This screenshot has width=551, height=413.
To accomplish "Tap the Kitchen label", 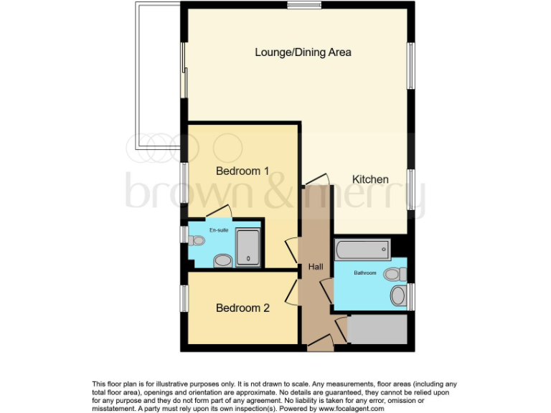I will (x=370, y=179).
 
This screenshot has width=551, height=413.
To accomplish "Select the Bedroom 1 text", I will (x=242, y=171).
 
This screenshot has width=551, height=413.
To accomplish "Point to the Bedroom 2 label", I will (x=242, y=308).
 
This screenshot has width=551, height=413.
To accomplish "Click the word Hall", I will (x=316, y=267).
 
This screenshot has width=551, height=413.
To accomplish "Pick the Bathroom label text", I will (x=364, y=272).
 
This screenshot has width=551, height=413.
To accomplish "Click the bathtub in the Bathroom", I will (x=362, y=250).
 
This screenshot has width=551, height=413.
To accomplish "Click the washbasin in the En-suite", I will (x=223, y=260).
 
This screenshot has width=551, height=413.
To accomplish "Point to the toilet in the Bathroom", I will (x=395, y=274).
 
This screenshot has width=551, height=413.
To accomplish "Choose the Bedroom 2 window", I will (x=184, y=298).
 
